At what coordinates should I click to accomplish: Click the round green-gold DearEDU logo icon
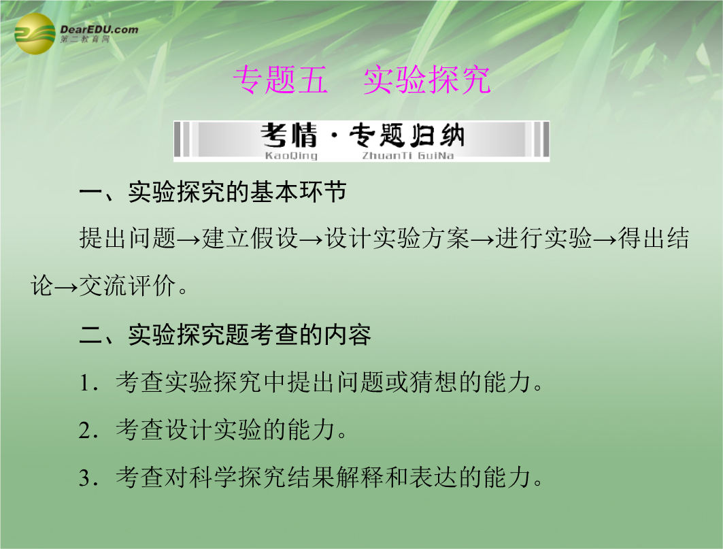pyautogui.click(x=35, y=33)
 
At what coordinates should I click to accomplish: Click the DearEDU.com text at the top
pyautogui.click(x=99, y=29)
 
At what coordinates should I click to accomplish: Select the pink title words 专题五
pyautogui.click(x=280, y=80)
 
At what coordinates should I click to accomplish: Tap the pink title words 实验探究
pyautogui.click(x=427, y=80)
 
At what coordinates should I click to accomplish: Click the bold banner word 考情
pyautogui.click(x=289, y=135)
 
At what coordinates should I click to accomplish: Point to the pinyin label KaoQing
pyautogui.click(x=291, y=156)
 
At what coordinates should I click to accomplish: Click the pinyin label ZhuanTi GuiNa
pyautogui.click(x=408, y=156)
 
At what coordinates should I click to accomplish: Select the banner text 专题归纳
pyautogui.click(x=407, y=135)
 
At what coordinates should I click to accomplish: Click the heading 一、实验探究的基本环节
pyautogui.click(x=213, y=191)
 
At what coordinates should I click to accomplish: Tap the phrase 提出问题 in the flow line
pyautogui.click(x=128, y=239)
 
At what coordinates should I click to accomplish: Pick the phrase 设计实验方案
pyautogui.click(x=397, y=239)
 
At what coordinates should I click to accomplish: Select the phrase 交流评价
pyautogui.click(x=128, y=286)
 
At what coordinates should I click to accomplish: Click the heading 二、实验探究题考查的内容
pyautogui.click(x=226, y=335)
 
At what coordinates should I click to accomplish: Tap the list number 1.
pyautogui.click(x=85, y=384)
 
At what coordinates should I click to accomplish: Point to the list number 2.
pyautogui.click(x=86, y=431)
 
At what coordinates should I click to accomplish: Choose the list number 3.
pyautogui.click(x=86, y=478)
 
